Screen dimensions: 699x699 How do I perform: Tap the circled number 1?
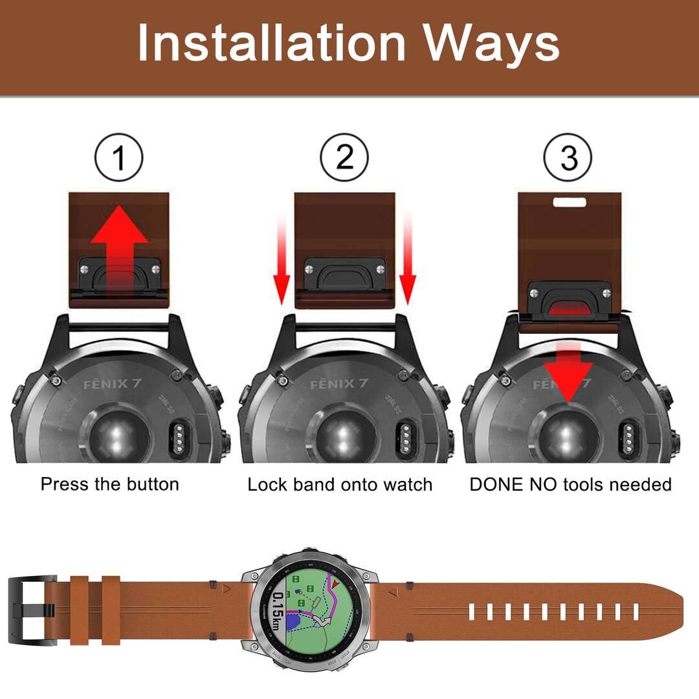[119, 157]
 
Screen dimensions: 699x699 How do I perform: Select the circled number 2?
[344, 157]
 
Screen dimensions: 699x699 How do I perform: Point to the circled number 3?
[568, 157]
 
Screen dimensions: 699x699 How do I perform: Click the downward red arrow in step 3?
[568, 375]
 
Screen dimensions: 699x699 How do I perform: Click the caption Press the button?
[110, 484]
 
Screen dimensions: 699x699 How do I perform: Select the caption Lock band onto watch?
[340, 484]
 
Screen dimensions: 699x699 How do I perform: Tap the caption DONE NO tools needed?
[570, 484]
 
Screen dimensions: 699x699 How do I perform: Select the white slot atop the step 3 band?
[570, 201]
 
